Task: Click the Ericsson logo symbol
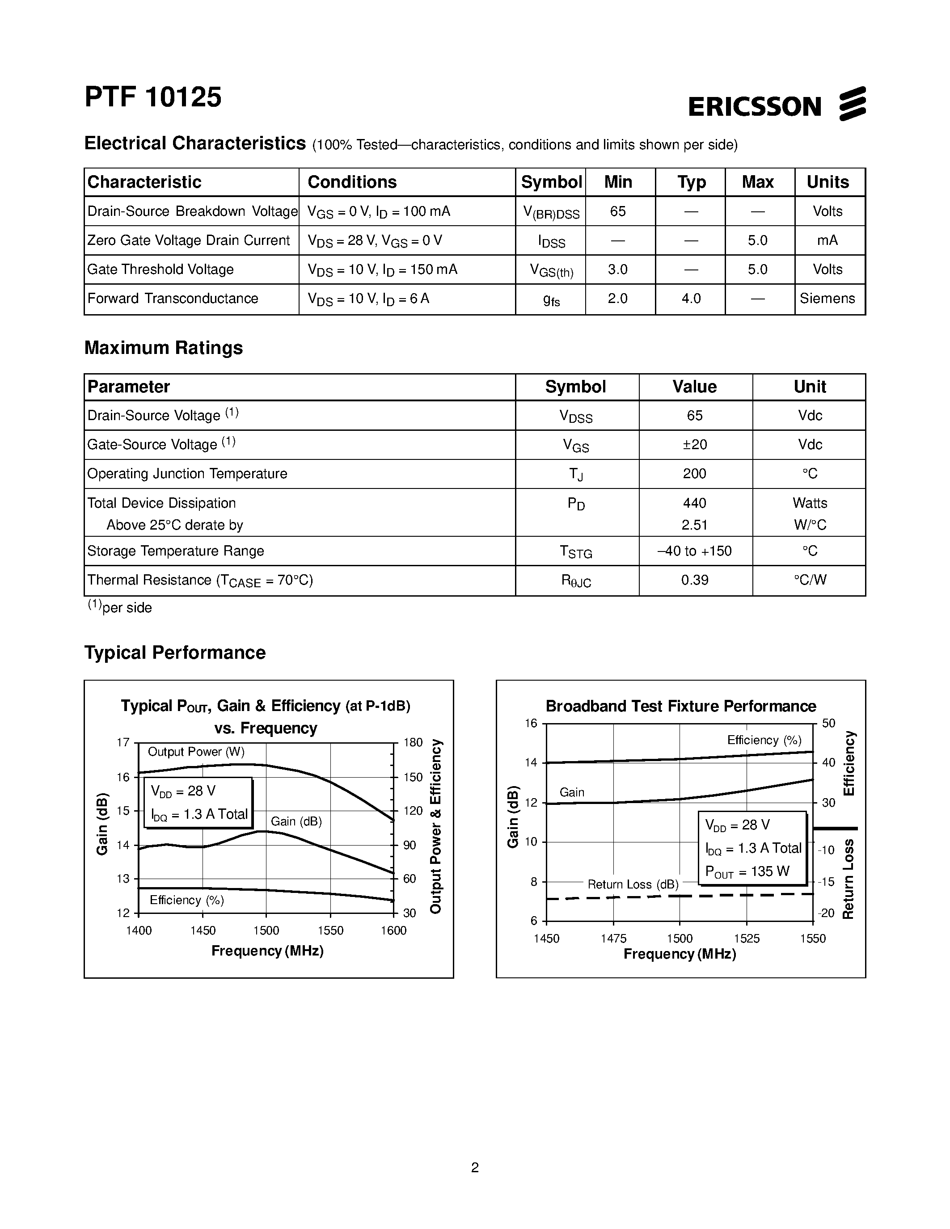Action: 852,104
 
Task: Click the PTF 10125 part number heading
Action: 153,97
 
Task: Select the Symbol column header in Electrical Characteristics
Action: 551,182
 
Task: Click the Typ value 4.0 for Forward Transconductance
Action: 691,299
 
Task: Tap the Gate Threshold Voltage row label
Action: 160,269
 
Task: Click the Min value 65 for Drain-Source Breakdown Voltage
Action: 617,211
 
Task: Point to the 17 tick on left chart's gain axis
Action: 123,742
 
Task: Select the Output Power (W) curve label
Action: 196,752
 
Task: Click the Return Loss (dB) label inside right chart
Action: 633,884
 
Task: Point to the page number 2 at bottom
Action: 475,1168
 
